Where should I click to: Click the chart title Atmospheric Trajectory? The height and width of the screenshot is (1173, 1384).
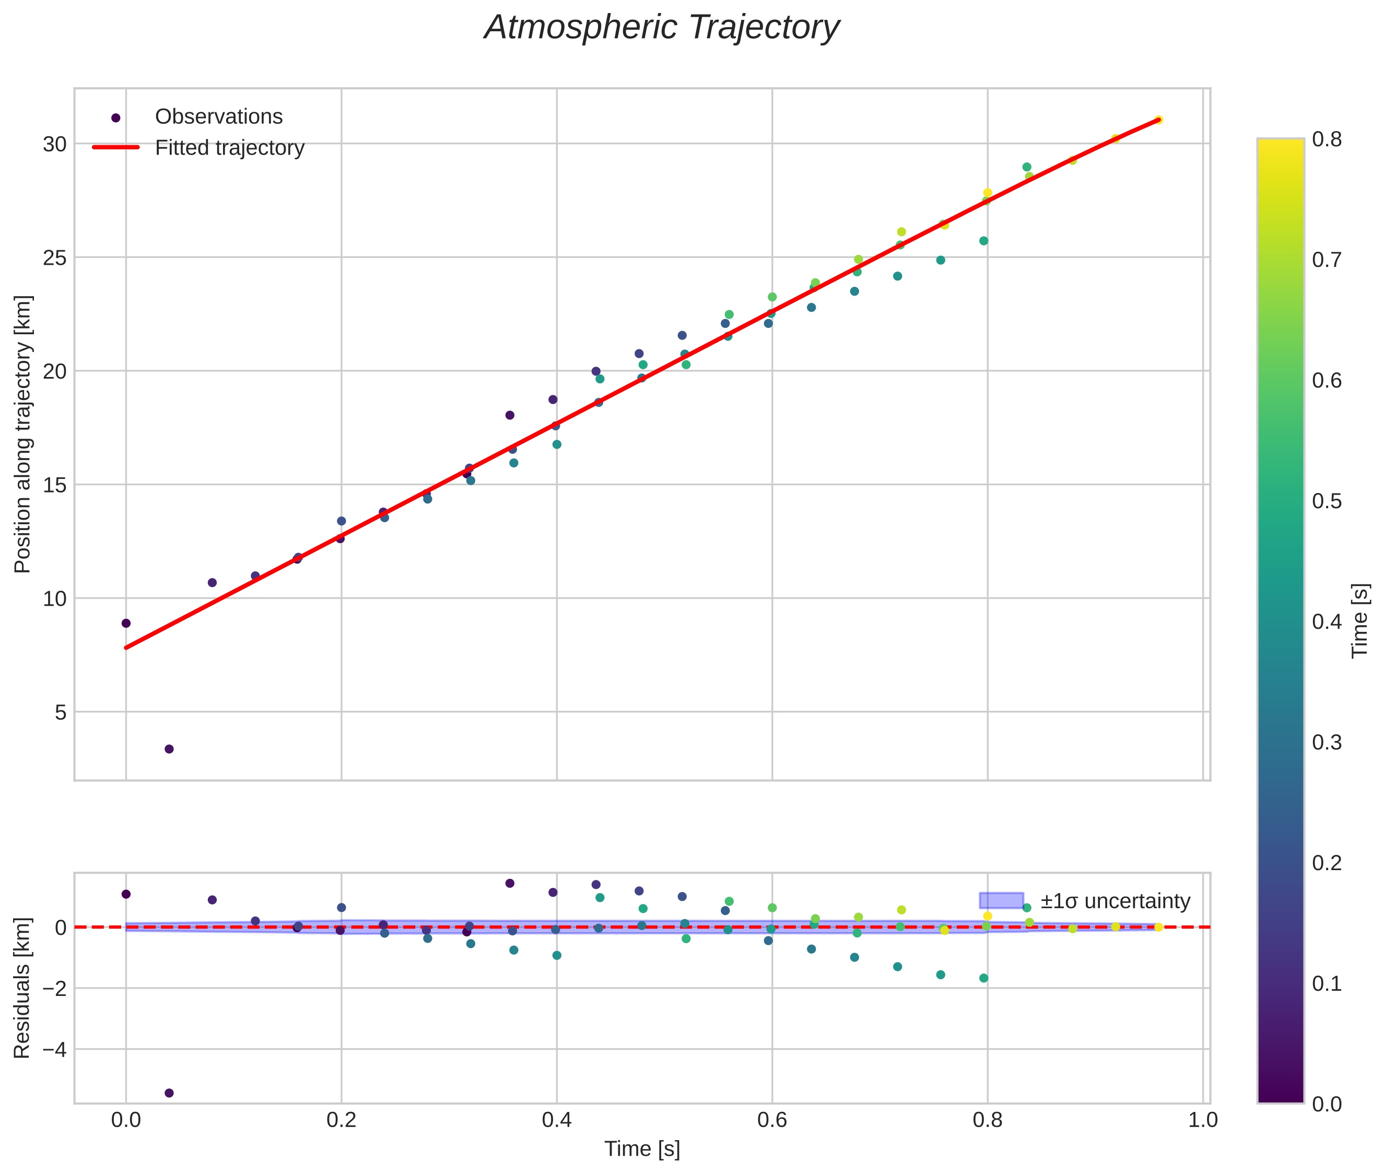[662, 28]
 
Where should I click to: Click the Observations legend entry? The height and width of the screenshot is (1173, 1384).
[218, 117]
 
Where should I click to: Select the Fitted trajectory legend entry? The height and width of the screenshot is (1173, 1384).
[229, 148]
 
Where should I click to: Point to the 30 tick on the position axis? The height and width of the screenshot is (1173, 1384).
[54, 144]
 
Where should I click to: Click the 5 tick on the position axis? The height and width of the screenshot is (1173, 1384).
[61, 713]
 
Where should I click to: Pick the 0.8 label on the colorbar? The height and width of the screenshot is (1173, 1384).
[1326, 139]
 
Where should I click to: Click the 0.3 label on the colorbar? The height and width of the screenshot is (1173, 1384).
[1326, 742]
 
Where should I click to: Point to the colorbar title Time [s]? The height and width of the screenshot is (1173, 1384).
[1360, 620]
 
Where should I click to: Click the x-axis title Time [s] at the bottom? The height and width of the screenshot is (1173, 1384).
[642, 1149]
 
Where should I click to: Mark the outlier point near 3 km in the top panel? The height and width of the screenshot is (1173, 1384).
[169, 749]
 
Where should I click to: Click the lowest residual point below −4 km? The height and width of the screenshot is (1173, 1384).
[169, 1093]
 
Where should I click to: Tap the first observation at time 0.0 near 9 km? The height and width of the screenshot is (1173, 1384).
[126, 624]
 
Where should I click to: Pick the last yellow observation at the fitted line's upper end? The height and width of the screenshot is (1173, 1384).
[1158, 120]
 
